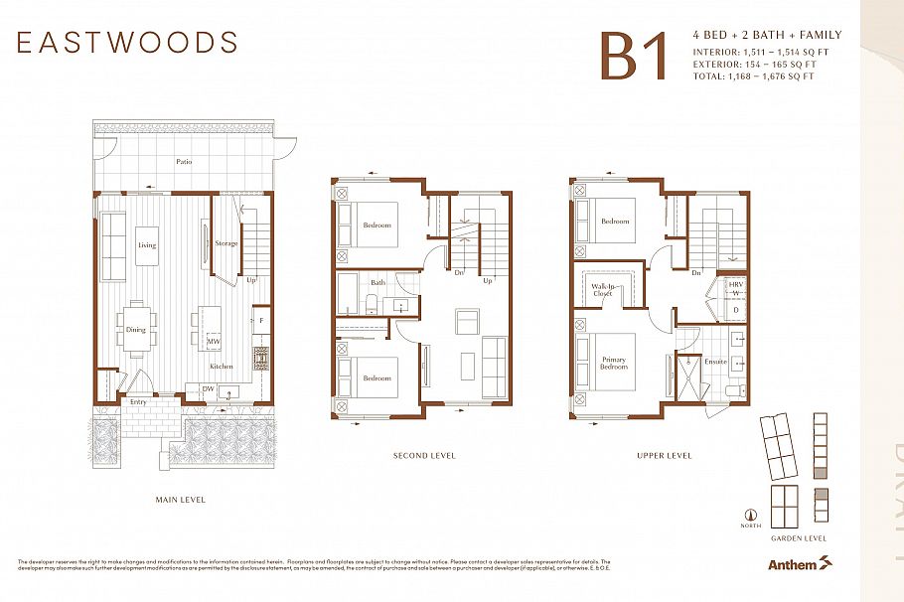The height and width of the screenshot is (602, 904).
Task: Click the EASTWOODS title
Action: click(x=127, y=43)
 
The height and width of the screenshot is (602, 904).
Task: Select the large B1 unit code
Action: click(x=632, y=57)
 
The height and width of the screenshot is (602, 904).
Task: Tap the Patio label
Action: click(x=185, y=161)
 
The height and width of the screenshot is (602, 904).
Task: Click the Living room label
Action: click(x=147, y=245)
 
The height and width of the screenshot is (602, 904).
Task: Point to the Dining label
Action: click(x=135, y=330)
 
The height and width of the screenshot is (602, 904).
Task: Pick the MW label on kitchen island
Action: click(x=213, y=342)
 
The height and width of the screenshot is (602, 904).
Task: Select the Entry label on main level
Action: click(x=137, y=401)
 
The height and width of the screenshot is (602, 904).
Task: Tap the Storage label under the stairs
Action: click(x=226, y=243)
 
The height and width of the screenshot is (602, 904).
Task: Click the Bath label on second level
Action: click(x=377, y=283)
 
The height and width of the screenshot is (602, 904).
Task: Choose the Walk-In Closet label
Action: click(x=603, y=290)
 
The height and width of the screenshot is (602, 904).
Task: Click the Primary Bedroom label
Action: click(x=614, y=363)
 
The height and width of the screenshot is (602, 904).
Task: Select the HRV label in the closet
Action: click(x=735, y=285)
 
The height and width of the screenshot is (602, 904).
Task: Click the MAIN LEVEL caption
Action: click(x=181, y=500)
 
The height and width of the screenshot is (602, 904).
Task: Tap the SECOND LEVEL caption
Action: click(x=424, y=456)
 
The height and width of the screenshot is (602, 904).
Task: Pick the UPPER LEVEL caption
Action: click(x=665, y=456)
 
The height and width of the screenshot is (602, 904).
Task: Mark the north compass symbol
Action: click(x=751, y=516)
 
